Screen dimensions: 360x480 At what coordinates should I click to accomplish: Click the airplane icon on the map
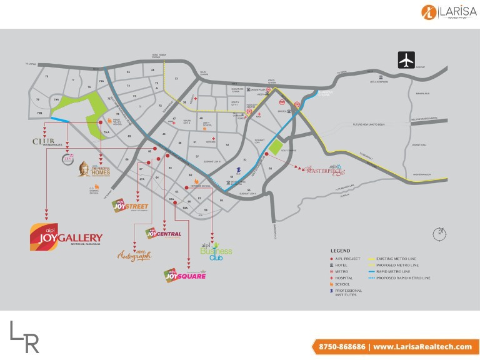[x=406, y=61]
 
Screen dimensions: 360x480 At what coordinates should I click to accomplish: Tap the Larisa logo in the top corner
[x=446, y=11]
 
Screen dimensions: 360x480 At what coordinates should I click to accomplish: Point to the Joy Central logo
[x=163, y=234]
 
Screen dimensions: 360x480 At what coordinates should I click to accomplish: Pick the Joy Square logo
[x=184, y=276]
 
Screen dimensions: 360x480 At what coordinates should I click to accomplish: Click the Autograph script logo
[x=134, y=255]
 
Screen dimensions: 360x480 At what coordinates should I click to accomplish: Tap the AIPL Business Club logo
[x=216, y=251]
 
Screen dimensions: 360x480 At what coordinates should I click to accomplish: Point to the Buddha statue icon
[x=84, y=169]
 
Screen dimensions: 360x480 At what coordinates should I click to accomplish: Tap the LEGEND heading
[x=341, y=251]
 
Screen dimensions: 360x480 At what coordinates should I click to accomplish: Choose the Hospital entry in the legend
[x=344, y=277]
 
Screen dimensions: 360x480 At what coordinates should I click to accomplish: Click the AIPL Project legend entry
[x=347, y=259]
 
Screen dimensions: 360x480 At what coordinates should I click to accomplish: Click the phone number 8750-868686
[x=341, y=347]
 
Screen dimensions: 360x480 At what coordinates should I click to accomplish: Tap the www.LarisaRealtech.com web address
[x=422, y=347]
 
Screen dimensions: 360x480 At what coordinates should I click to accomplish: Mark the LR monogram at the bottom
[x=25, y=337]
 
